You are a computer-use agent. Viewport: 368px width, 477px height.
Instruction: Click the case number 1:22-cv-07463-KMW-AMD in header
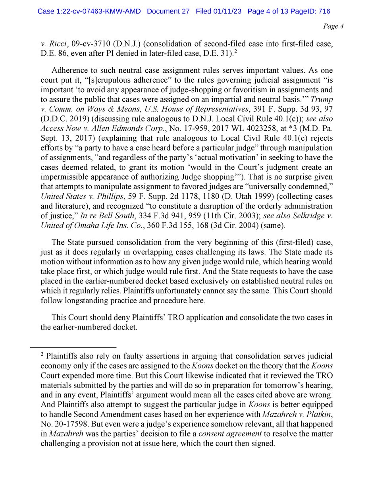pos(90,12)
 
